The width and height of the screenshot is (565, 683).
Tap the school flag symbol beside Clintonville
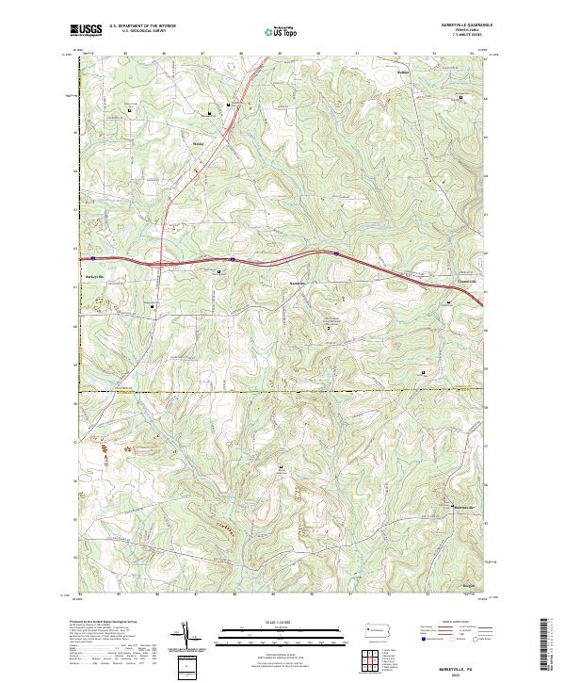448,301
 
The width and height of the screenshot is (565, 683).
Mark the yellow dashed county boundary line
282,390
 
